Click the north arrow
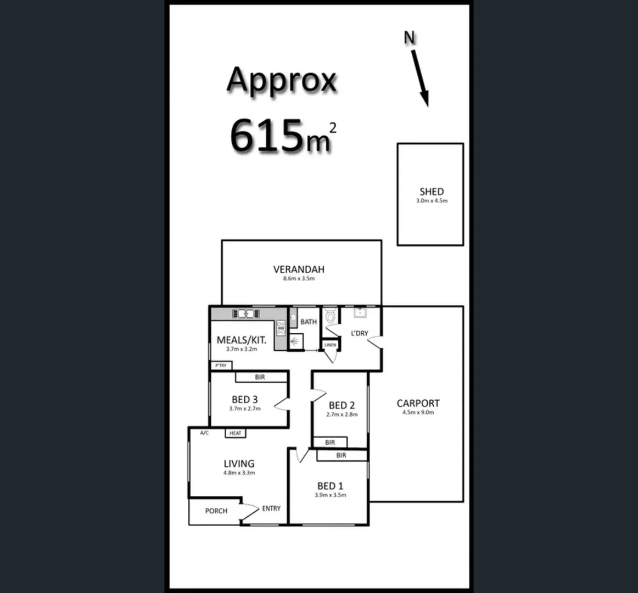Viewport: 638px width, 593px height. coord(420,76)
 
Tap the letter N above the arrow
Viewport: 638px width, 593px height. coord(410,37)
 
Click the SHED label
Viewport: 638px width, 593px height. coord(431,192)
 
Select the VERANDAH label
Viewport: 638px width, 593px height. coord(299,269)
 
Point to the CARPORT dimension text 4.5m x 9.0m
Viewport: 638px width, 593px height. coord(418,412)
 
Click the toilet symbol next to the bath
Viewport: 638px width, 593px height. coord(331,317)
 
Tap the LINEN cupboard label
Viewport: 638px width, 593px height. coord(330,345)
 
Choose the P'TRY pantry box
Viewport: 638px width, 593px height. coord(221,365)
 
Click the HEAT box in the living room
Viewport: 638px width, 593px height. coord(236,433)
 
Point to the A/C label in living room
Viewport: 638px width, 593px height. coord(204,433)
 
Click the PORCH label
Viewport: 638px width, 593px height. coord(216,511)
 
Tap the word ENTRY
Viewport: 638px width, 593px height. coord(271,508)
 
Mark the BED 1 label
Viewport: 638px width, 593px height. coord(330,485)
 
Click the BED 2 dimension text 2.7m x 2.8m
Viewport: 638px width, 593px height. coord(342,415)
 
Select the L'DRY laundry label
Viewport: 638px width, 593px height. coord(359,333)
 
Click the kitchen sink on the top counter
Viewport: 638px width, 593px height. coord(245,314)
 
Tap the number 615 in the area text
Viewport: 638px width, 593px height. coord(267,135)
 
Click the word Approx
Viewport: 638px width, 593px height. coord(281,80)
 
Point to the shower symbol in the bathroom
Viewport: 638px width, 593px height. coord(296,341)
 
